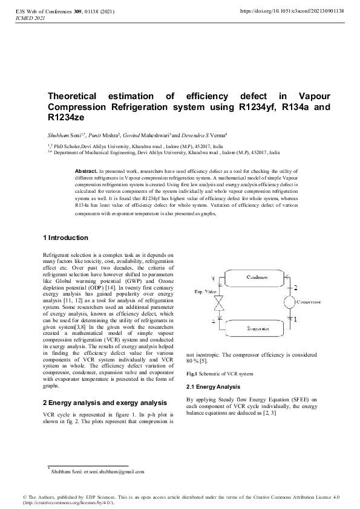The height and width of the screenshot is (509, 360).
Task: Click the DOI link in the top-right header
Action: (292, 11)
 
